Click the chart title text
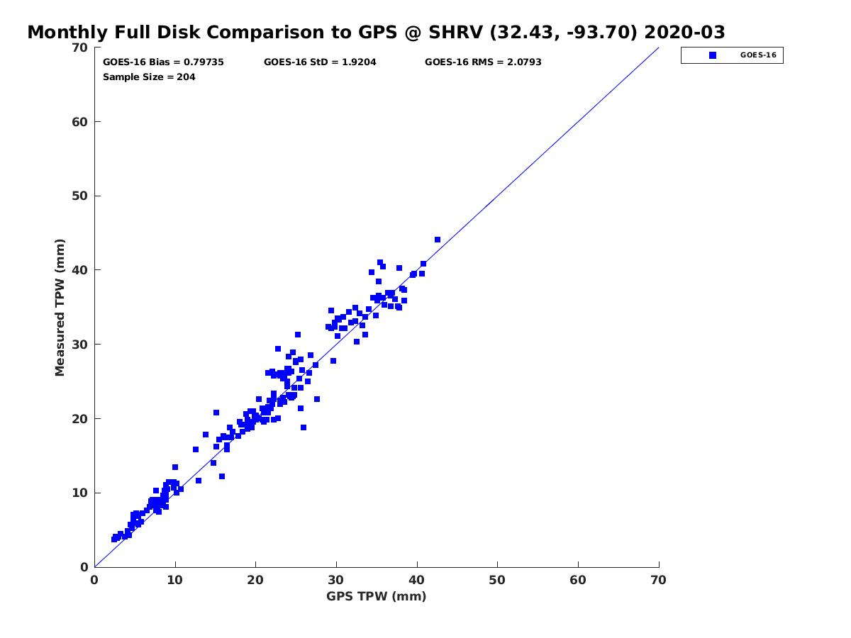376,33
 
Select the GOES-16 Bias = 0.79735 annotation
163,62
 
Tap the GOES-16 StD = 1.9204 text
320,62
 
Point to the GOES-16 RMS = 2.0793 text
483,62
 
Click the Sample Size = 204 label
149,77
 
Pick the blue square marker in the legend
713,55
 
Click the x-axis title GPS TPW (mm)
376,596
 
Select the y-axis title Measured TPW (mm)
60,307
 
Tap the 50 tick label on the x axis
497,580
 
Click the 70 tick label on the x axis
658,580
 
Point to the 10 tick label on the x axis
175,580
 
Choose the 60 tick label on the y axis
80,122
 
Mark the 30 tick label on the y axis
80,345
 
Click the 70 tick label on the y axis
80,47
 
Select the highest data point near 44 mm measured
438,240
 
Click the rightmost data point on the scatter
438,240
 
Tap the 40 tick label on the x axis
416,580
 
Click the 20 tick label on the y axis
80,419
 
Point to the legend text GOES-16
758,55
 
